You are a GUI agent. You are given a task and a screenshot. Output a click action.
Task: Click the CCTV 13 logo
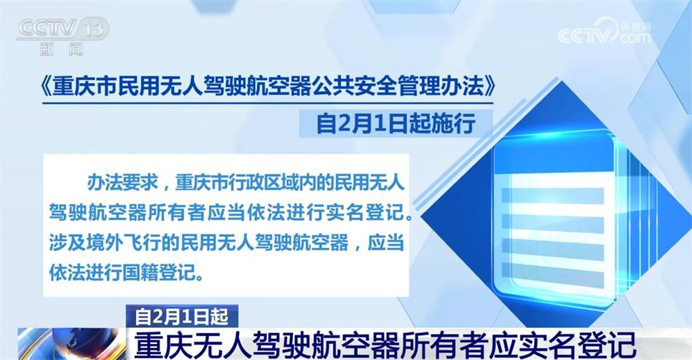(x=63, y=29)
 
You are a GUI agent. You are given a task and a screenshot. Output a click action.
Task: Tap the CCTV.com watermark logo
(x=604, y=33)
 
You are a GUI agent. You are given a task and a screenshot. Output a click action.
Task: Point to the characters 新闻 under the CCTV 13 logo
(x=62, y=49)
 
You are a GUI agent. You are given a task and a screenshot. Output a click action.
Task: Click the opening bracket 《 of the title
(x=44, y=88)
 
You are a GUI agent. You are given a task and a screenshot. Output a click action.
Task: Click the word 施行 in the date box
(x=457, y=123)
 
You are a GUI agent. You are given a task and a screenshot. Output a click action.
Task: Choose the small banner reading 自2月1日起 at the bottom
(x=182, y=316)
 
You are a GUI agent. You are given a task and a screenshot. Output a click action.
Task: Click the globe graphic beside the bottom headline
(x=71, y=344)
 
